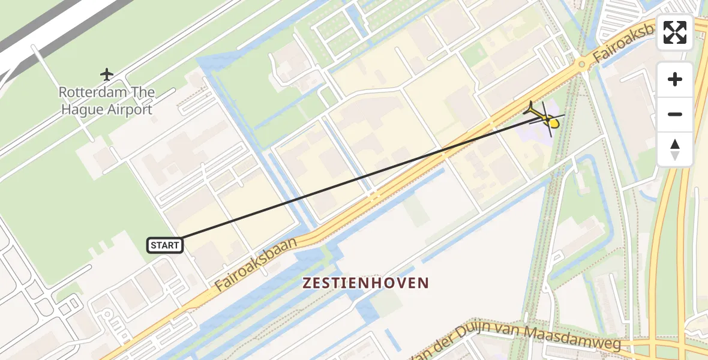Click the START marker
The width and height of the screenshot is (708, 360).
[x=164, y=245]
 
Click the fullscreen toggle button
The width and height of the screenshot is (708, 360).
[x=675, y=32]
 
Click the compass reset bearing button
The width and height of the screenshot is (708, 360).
[x=675, y=149]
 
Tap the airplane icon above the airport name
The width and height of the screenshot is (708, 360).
[x=107, y=74]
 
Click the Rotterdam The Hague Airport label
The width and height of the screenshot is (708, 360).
[x=106, y=101]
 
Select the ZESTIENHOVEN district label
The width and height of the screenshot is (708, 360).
[x=365, y=283]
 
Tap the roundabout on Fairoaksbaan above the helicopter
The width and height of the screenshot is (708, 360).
[x=581, y=64]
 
